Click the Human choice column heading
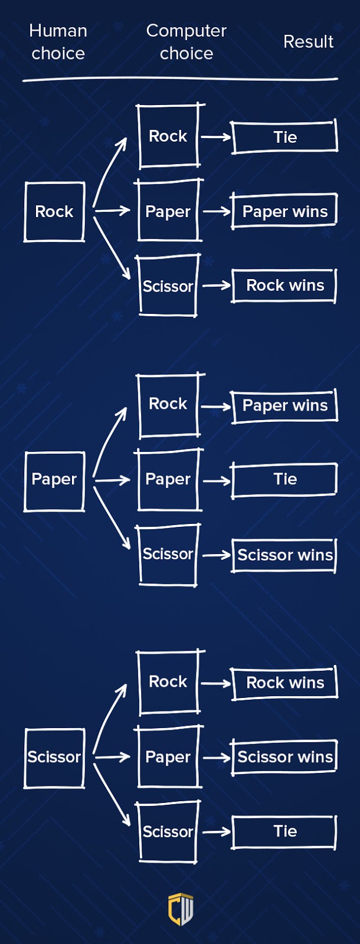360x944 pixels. [58, 42]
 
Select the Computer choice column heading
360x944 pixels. [186, 42]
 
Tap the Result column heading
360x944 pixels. [308, 42]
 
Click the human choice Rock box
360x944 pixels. [54, 212]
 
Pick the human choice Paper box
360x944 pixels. [54, 480]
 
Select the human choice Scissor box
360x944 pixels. [54, 758]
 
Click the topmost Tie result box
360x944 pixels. [284, 137]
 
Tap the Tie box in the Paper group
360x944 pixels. [284, 480]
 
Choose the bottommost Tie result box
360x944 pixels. [284, 832]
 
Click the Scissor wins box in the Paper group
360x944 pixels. [284, 555]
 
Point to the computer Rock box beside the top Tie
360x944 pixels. [169, 136]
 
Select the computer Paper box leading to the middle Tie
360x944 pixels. [169, 479]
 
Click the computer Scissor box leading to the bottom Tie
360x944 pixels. [169, 832]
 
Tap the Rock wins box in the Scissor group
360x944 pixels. [284, 683]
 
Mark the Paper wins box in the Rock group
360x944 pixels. [284, 211]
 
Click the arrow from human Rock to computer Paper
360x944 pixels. [112, 210]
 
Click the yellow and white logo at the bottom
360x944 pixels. [181, 909]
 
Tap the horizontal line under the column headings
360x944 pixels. [180, 78]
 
